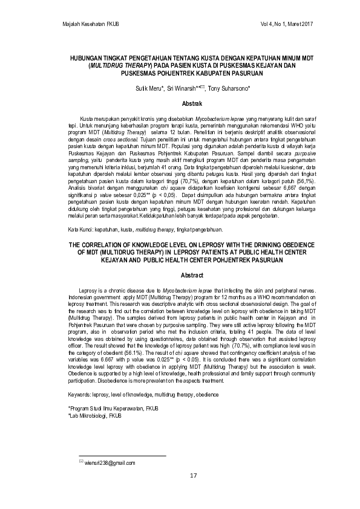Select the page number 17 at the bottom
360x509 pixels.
(x=194, y=476)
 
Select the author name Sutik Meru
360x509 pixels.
(x=150, y=88)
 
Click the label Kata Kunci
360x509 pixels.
(x=81, y=230)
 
